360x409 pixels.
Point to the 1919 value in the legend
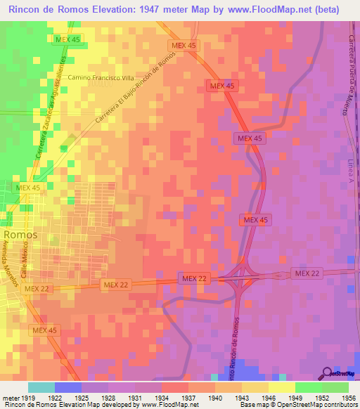point(28,398)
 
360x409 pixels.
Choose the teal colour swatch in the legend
point(41,387)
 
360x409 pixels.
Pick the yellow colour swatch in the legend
point(281,387)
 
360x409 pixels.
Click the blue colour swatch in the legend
point(68,387)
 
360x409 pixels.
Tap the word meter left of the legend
point(10,398)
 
